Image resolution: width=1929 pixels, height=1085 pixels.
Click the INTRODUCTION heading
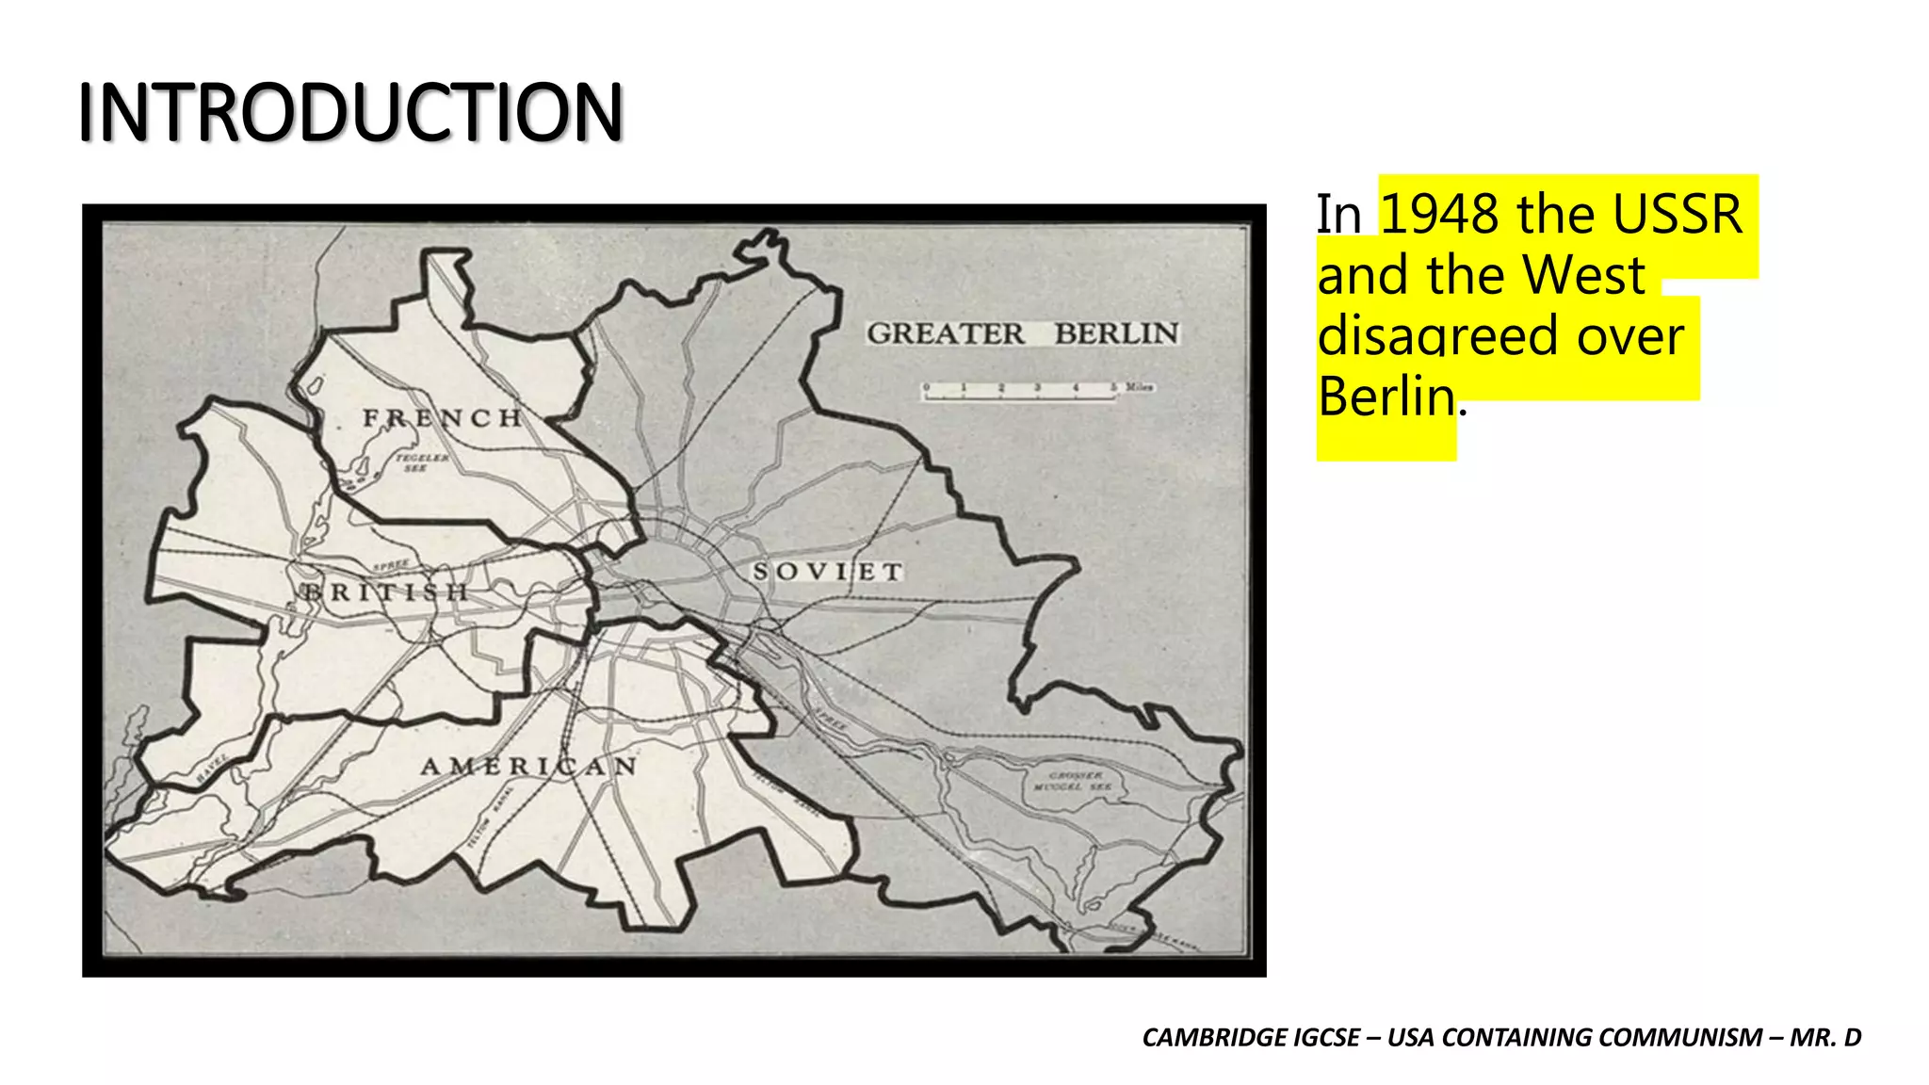pos(350,112)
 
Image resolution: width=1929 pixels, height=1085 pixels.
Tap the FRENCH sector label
pos(443,418)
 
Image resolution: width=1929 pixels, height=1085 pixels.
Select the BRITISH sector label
pos(384,592)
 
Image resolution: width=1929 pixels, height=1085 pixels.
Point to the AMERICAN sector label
pos(529,767)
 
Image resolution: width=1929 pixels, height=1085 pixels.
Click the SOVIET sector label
pos(828,572)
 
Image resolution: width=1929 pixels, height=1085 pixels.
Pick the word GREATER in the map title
pos(945,333)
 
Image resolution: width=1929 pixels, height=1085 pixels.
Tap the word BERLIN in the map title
pos(1116,333)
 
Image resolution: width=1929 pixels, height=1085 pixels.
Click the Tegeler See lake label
pos(421,462)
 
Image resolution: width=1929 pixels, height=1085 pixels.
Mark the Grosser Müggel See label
pos(1074,781)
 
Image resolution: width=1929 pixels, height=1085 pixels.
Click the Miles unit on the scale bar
pos(1139,387)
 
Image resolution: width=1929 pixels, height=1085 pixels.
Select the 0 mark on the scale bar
pos(926,387)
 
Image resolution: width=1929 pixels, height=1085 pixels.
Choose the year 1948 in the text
pos(1438,215)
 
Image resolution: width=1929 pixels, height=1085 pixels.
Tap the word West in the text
pos(1584,275)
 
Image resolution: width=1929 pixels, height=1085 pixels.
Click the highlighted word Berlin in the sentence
pos(1386,396)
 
